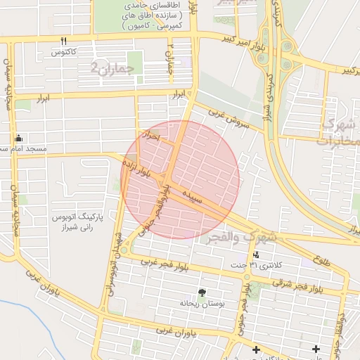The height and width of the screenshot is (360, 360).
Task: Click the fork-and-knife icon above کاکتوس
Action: [64, 41]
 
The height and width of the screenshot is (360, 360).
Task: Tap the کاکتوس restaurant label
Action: [64, 52]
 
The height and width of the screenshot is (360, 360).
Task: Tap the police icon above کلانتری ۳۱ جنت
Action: [256, 255]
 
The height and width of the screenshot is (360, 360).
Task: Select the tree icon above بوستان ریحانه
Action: [202, 292]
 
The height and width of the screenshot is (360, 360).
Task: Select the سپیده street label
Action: [193, 191]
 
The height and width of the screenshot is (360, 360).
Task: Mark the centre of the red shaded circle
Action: [180, 179]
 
